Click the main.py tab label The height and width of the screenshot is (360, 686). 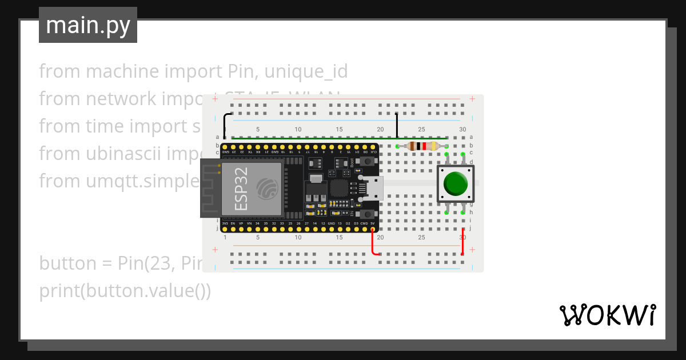coord(88,25)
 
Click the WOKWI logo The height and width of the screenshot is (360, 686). coord(607,315)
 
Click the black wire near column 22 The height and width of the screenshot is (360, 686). coord(397,125)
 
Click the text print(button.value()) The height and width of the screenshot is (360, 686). coord(125,291)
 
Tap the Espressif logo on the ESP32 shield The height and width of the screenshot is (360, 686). coord(268,187)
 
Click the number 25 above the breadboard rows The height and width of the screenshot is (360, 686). coord(421,130)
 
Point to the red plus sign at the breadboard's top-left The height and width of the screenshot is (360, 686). coord(215,99)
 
